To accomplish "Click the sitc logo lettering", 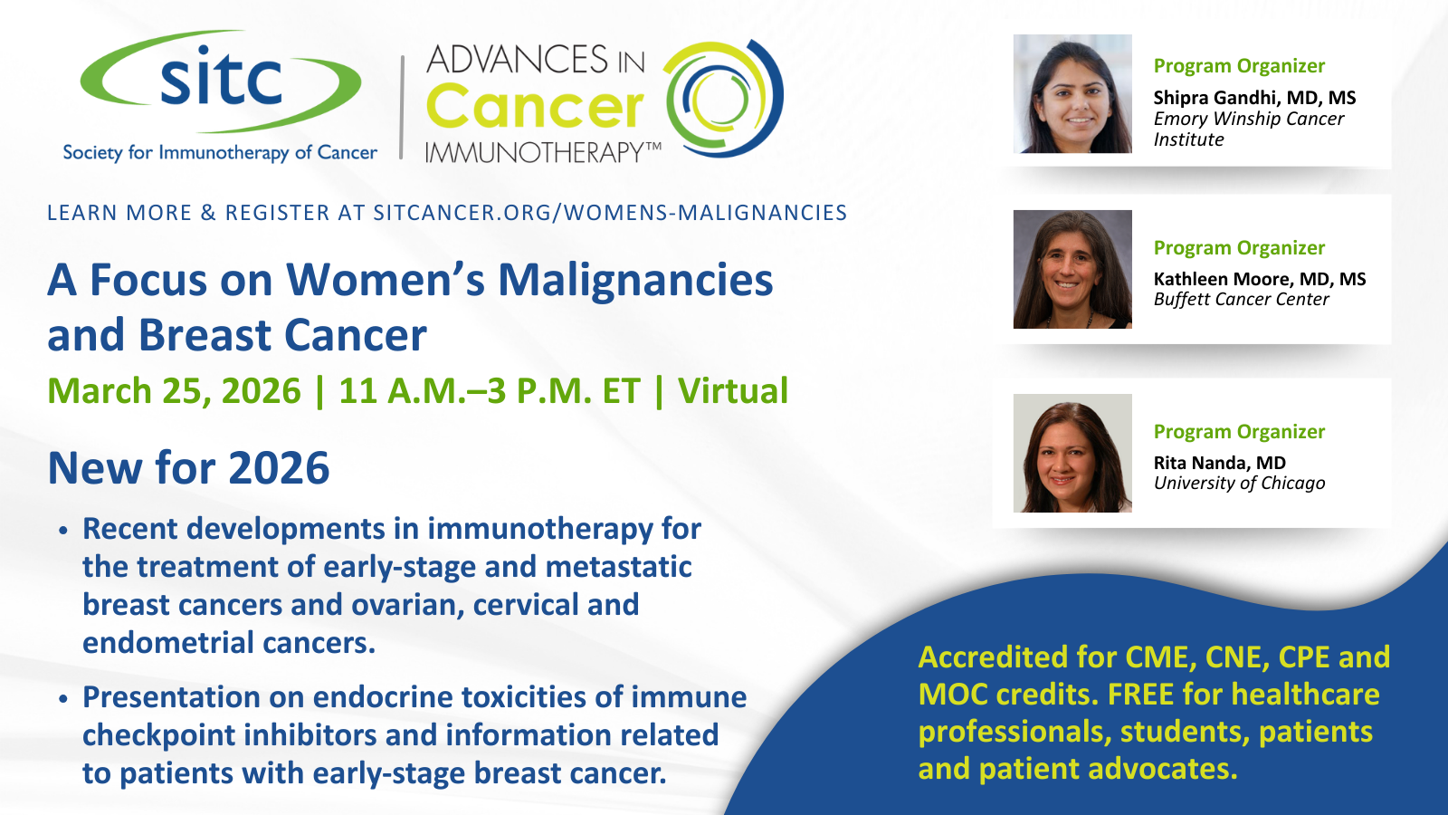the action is coord(221,76).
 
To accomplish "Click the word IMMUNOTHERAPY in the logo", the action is coord(543,153).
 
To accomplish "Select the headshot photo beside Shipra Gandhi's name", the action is coord(1072,94).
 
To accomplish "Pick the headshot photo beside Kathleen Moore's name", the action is coord(1072,269).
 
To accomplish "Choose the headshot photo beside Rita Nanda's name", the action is coord(1072,453).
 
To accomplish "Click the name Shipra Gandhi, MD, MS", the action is coord(1254,98).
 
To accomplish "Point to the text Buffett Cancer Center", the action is coord(1241,300).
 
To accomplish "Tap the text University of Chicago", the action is coord(1239,484).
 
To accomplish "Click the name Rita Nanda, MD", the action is coord(1220,463).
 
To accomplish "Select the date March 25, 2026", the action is coord(174,391).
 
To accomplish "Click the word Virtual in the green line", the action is coord(733,390).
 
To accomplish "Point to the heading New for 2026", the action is coord(188,467).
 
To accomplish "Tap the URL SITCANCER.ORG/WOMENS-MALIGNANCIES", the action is coord(610,213).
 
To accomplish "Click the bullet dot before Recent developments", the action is coord(62,531).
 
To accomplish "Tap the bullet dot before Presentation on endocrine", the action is coord(62,698).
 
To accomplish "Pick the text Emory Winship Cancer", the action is coord(1249,119).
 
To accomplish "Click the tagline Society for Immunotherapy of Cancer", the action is coord(220,153).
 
